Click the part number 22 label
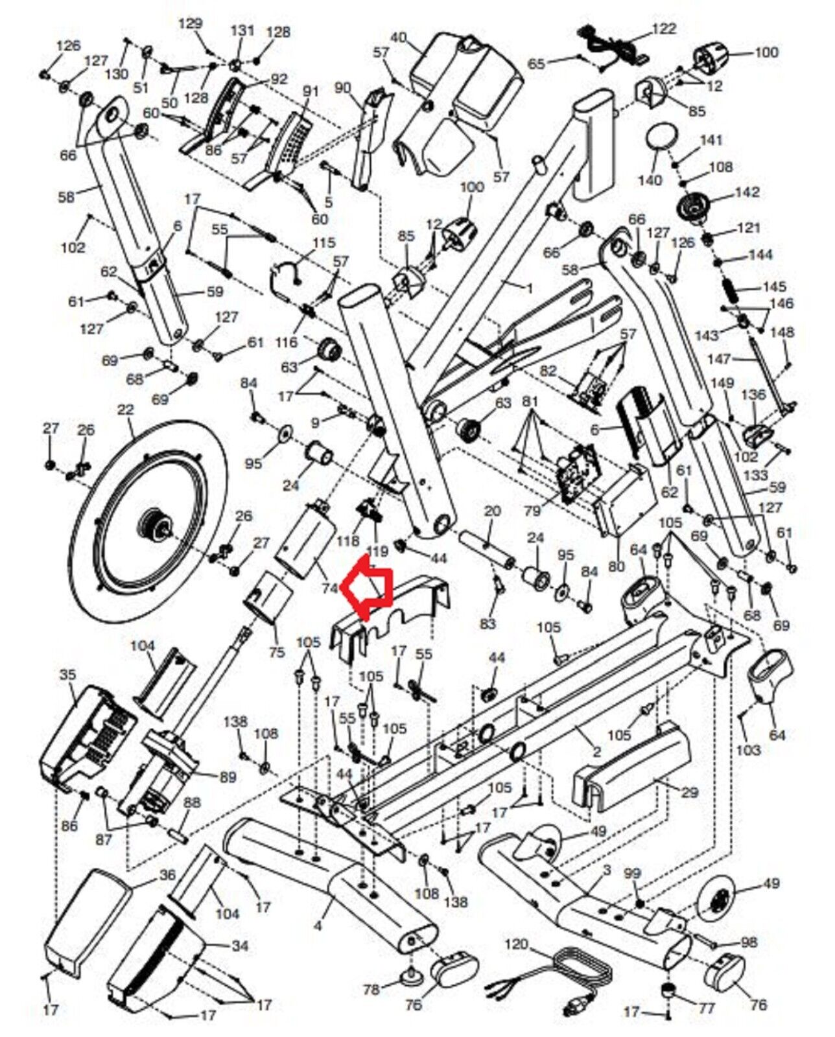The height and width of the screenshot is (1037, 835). [125, 410]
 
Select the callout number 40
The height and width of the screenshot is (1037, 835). [397, 38]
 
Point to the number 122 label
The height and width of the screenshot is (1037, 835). [663, 29]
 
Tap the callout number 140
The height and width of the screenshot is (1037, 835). [650, 180]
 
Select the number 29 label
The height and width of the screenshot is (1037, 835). [690, 792]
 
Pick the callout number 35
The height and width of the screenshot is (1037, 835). [67, 674]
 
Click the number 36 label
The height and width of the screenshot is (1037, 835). [167, 875]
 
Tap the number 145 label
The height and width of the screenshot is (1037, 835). [775, 286]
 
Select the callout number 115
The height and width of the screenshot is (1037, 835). [324, 242]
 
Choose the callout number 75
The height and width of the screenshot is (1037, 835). [276, 652]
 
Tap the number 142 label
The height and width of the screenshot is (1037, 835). [747, 192]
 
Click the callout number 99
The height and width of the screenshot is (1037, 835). [632, 874]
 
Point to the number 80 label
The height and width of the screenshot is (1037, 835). [617, 566]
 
